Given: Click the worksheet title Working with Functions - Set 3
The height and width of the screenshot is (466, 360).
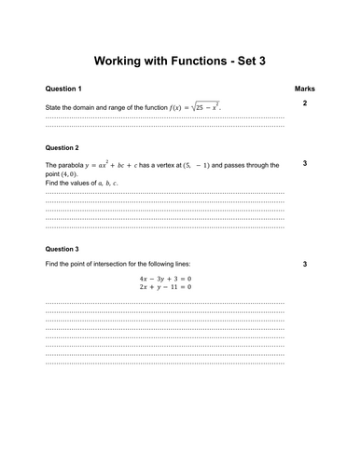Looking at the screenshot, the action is [x=180, y=62].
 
